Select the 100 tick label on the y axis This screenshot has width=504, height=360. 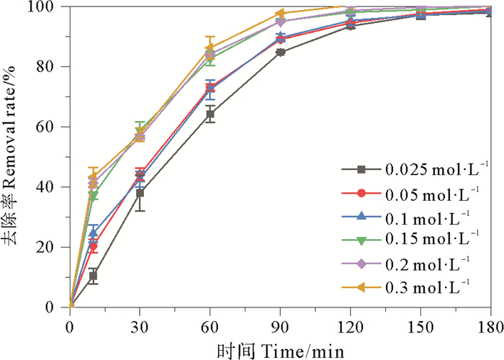(x=48, y=7)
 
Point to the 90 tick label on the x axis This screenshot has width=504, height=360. (x=280, y=326)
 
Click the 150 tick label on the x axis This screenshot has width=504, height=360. (x=420, y=326)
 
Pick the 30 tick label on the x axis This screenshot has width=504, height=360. (x=140, y=326)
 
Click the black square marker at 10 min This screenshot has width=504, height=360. (x=94, y=276)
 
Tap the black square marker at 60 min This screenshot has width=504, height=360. (x=210, y=114)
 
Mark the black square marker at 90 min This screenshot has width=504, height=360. (x=280, y=53)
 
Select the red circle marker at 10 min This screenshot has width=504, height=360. (x=94, y=246)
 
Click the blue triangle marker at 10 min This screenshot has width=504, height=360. (x=94, y=233)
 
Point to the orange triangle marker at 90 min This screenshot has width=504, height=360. (x=280, y=14)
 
